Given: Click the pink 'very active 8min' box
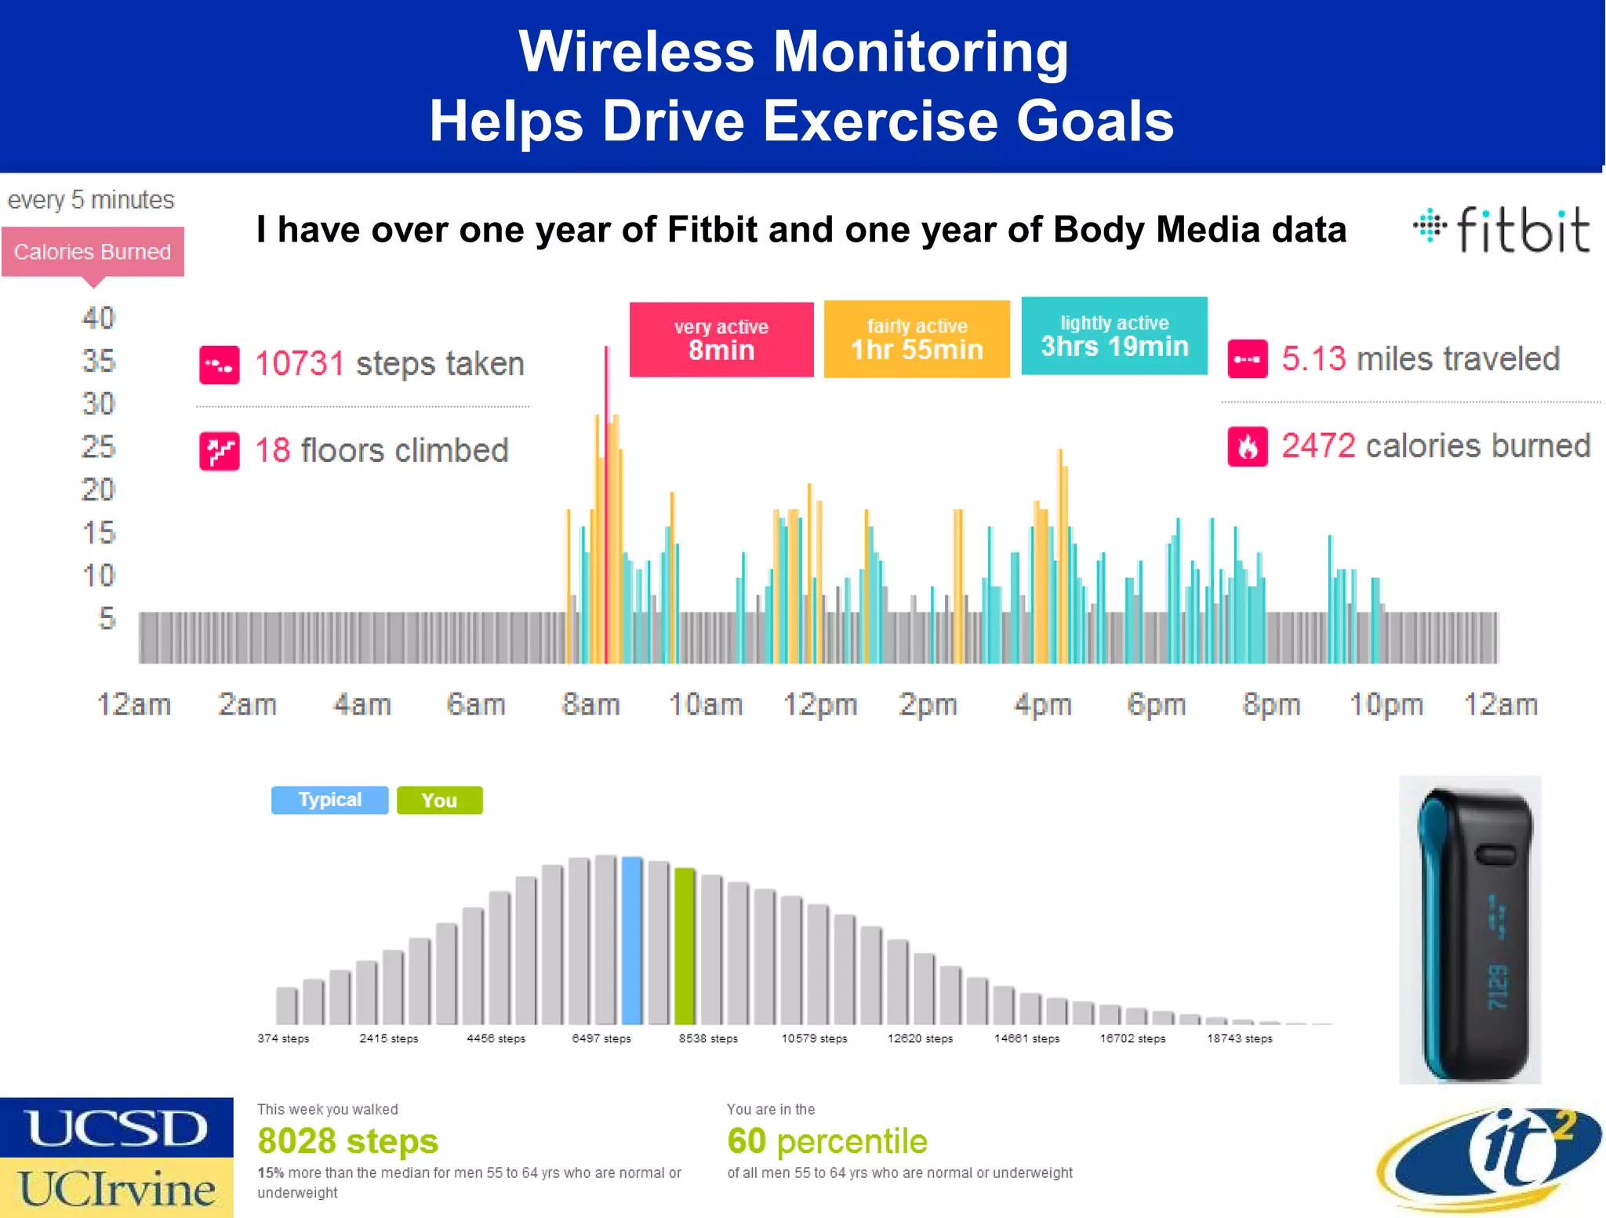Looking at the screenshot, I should (x=721, y=340).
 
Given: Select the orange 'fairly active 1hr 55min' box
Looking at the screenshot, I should (x=916, y=340).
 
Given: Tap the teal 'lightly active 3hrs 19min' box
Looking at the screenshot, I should (x=1114, y=336).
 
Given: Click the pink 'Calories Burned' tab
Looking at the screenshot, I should (x=93, y=252).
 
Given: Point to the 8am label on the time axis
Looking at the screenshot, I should (x=590, y=704).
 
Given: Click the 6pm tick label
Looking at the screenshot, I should (x=1156, y=704).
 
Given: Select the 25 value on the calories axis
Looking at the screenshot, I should (x=98, y=447).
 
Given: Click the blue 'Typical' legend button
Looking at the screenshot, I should (x=329, y=800).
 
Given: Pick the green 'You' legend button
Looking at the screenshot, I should (x=439, y=801).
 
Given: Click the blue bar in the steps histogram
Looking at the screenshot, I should (x=631, y=941).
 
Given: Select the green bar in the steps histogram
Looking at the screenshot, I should (x=685, y=947).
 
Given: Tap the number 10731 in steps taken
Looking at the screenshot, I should (x=300, y=364).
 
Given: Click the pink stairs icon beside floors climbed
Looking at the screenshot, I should (x=219, y=451).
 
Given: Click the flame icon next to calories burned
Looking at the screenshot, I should (x=1247, y=446).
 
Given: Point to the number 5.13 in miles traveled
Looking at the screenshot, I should (x=1314, y=359).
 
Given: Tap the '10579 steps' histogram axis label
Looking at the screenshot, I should (x=814, y=1038).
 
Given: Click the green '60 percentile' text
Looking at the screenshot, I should (x=827, y=1141).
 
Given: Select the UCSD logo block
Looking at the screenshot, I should (x=116, y=1128).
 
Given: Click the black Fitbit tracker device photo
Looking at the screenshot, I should (x=1470, y=930).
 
